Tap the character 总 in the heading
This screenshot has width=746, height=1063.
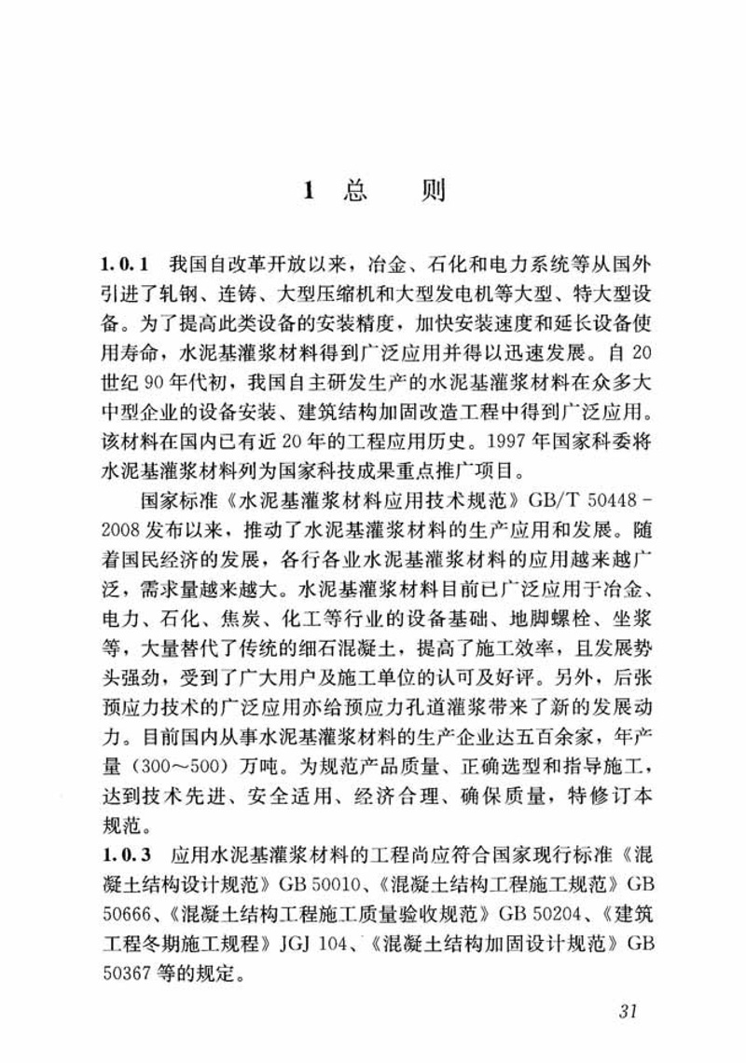coord(354,192)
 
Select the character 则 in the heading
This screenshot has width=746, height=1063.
coord(434,192)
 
